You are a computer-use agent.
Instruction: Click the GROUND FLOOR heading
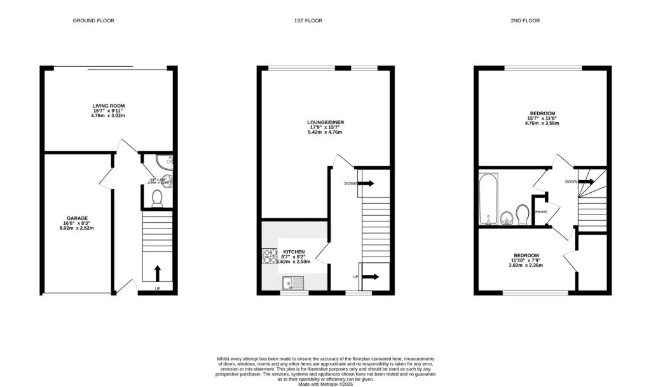[x=93, y=21]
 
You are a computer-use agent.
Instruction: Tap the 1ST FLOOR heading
[x=308, y=21]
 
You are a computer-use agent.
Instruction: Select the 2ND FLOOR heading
[x=525, y=21]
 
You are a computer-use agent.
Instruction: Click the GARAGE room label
[x=78, y=218]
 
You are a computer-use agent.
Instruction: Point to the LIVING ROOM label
[x=109, y=106]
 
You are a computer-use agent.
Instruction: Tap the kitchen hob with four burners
[x=270, y=256]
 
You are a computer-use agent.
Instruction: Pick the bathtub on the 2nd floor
[x=488, y=201]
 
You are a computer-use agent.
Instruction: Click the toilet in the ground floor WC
[x=158, y=199]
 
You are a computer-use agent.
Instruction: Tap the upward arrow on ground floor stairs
[x=158, y=272]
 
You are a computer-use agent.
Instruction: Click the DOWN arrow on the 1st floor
[x=367, y=183]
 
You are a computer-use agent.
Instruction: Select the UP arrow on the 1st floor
[x=369, y=277]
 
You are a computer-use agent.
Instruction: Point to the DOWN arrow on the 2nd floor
[x=587, y=182]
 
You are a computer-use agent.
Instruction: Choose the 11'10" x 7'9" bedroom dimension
[x=526, y=260]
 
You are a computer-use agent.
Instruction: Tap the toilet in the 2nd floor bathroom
[x=523, y=214]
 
